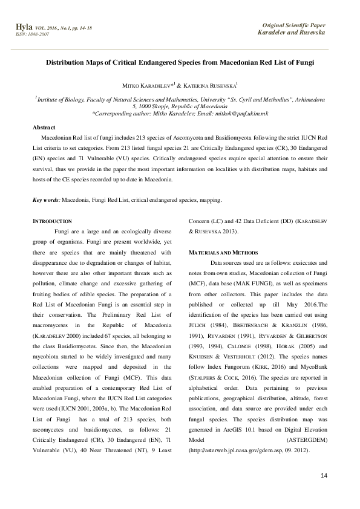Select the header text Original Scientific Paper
293,25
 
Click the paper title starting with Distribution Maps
180,62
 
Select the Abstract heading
44,128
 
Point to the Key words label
46,199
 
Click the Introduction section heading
52,221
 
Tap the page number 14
322,477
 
